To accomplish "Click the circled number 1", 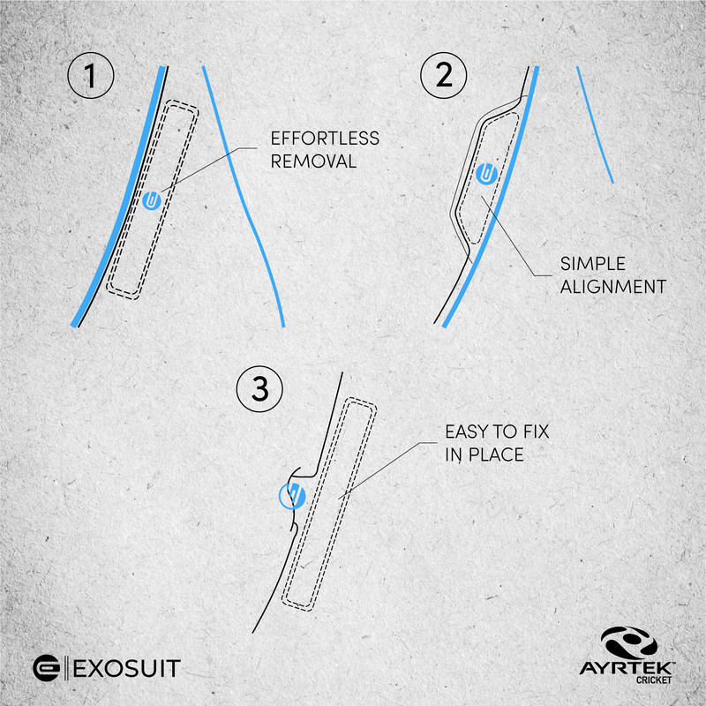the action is (91, 76).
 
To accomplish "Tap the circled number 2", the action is (444, 75).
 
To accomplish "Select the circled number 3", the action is (259, 389).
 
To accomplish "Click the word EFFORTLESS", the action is (325, 139).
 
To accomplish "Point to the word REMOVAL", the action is (313, 161).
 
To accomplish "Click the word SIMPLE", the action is (592, 264).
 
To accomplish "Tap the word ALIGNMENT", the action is (612, 287).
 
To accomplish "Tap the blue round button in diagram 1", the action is (152, 201).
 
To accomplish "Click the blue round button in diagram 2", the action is (485, 174).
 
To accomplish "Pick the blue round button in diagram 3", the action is (292, 496).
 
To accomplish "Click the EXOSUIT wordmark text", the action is (126, 668).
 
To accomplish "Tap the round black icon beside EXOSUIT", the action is (46, 668).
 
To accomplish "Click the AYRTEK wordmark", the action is (627, 668).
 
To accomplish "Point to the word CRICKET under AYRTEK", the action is (654, 680).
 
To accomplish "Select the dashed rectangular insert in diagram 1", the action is (152, 199).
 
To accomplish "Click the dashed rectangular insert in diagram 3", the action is (328, 504).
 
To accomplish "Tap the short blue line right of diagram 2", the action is (595, 124).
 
